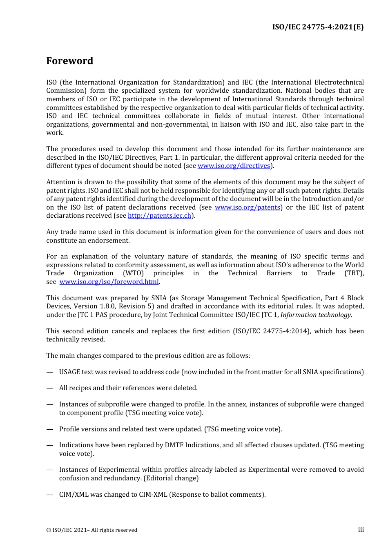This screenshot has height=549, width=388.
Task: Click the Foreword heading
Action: [x=69, y=61]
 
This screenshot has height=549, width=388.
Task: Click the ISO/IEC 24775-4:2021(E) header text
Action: [x=318, y=27]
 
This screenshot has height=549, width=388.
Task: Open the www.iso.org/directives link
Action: [x=234, y=166]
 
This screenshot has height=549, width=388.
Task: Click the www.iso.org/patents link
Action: [x=248, y=208]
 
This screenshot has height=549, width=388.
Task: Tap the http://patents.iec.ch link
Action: [x=159, y=216]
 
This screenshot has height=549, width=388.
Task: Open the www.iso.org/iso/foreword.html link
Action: [x=109, y=282]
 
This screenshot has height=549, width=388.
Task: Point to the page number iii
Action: [x=361, y=530]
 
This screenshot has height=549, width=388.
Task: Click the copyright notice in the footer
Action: [x=91, y=530]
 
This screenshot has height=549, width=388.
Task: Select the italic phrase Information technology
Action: [x=315, y=315]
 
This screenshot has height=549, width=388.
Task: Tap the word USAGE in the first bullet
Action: [x=69, y=372]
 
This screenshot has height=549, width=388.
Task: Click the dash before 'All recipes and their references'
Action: [x=50, y=388]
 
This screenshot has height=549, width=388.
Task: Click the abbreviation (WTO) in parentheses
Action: [x=133, y=273]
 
